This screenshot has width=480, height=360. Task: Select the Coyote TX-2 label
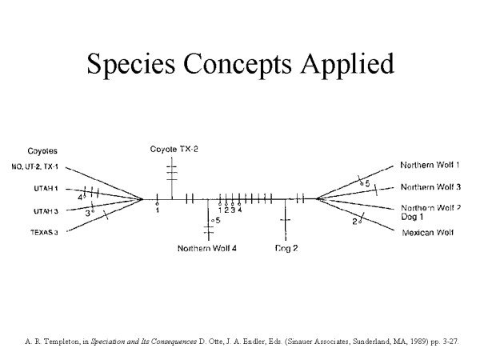coord(174,150)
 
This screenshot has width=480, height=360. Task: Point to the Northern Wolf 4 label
coord(206,248)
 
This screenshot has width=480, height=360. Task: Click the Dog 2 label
coord(286,248)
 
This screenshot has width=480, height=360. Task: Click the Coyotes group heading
coord(42,150)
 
